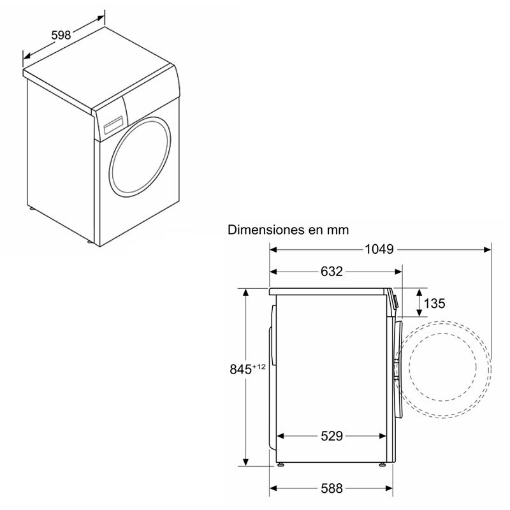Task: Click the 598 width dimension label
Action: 61,35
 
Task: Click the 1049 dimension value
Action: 381,249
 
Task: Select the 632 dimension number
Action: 331,272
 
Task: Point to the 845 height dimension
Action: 242,369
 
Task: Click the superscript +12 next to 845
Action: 258,365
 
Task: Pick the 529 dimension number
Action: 331,436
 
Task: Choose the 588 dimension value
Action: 331,488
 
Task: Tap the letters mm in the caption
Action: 339,229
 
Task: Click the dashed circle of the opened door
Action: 449,368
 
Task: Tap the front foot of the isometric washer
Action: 90,242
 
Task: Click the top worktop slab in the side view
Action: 328,291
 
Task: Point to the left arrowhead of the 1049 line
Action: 272,249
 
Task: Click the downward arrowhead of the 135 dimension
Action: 419,313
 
